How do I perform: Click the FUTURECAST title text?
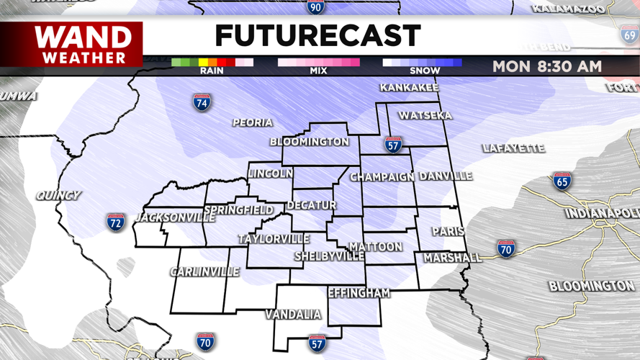[x=317, y=36]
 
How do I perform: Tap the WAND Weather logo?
[x=84, y=45]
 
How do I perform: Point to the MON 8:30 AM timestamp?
[x=547, y=67]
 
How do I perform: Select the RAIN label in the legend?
[x=212, y=71]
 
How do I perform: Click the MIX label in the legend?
[x=318, y=71]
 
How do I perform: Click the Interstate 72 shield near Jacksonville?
[x=115, y=222]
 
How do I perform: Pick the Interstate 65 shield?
[x=562, y=180]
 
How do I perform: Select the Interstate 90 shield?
[x=315, y=7]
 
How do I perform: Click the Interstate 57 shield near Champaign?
[x=392, y=144]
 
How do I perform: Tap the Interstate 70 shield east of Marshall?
[x=506, y=249]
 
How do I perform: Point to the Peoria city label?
[x=252, y=123]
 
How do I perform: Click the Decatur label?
[x=311, y=205]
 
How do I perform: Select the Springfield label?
[x=239, y=210]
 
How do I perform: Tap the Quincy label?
[x=58, y=195]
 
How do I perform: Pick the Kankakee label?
[x=409, y=88]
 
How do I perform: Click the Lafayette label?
[x=513, y=148]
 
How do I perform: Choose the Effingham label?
[x=359, y=293]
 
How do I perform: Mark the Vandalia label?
[x=293, y=315]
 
